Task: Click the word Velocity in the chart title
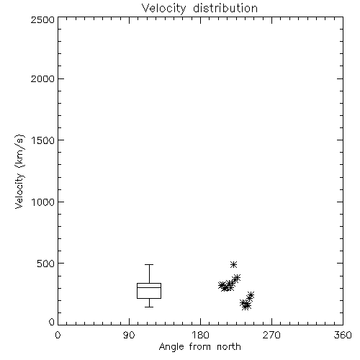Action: click(x=163, y=9)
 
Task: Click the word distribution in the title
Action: click(x=225, y=8)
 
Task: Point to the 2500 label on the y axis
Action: click(x=42, y=19)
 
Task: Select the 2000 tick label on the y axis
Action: click(x=42, y=78)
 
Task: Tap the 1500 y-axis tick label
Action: click(x=43, y=140)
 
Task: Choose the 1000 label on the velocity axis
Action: click(x=43, y=202)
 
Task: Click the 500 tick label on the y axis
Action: click(x=46, y=264)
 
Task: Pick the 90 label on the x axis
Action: click(x=129, y=335)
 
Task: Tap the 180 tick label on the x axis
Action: click(x=200, y=335)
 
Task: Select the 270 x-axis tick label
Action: click(x=271, y=335)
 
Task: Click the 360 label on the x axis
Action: click(x=343, y=335)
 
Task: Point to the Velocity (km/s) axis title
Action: click(x=19, y=171)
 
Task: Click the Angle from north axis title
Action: click(x=199, y=347)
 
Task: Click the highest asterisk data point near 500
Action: click(x=233, y=264)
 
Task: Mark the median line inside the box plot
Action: click(x=149, y=287)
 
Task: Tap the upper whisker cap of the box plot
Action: click(x=149, y=264)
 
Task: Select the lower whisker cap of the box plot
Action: click(x=149, y=307)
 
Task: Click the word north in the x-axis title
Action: click(x=229, y=346)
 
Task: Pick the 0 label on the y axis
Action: click(x=52, y=322)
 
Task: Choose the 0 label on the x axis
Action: click(x=58, y=335)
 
